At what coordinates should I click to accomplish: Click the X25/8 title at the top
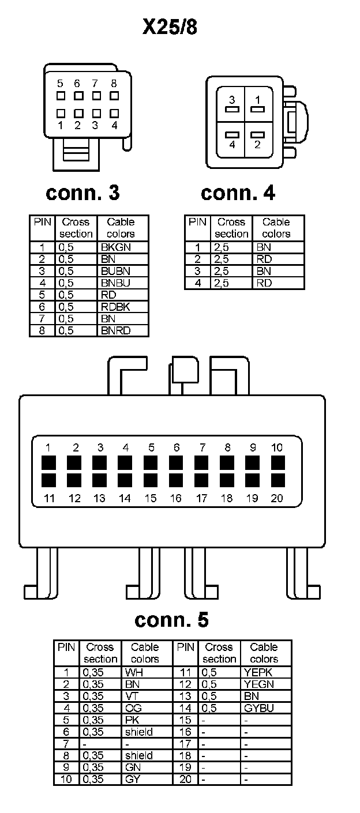pos(170,27)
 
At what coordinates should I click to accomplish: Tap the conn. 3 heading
pos(82,193)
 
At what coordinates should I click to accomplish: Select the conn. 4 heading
pos(238,193)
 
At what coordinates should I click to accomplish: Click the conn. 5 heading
pos(171,620)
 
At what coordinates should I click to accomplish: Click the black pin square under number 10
pos(278,463)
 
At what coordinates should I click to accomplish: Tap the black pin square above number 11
pos(48,480)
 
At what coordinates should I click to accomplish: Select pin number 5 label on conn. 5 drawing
pos(151,447)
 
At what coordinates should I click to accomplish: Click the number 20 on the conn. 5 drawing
pos(277,498)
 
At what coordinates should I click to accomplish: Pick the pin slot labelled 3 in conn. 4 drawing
pos(232,108)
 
